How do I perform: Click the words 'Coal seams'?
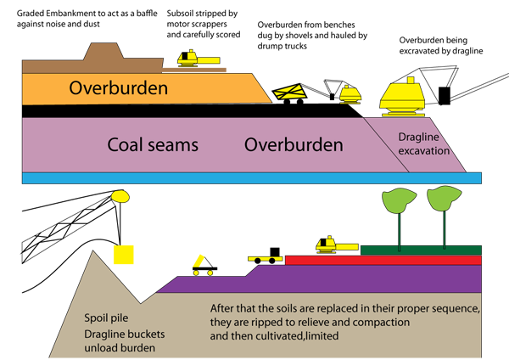[153, 144]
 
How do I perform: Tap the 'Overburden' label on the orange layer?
[119, 88]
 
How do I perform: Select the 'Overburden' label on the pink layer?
[294, 144]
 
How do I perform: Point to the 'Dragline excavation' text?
[423, 143]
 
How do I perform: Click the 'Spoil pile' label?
[106, 318]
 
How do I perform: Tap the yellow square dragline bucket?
[123, 255]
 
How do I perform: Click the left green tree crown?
[399, 200]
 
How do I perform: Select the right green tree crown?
[444, 198]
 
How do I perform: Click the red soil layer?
[383, 261]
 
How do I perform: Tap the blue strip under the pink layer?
[252, 178]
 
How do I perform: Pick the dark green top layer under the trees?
[421, 250]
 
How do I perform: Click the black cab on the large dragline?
[445, 96]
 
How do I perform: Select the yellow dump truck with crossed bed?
[290, 93]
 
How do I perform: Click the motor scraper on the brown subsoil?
[199, 59]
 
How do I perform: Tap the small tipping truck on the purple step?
[204, 266]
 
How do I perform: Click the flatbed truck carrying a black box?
[266, 256]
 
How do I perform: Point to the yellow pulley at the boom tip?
[120, 197]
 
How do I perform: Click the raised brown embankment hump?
[103, 51]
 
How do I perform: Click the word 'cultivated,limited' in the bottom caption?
[297, 335]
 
